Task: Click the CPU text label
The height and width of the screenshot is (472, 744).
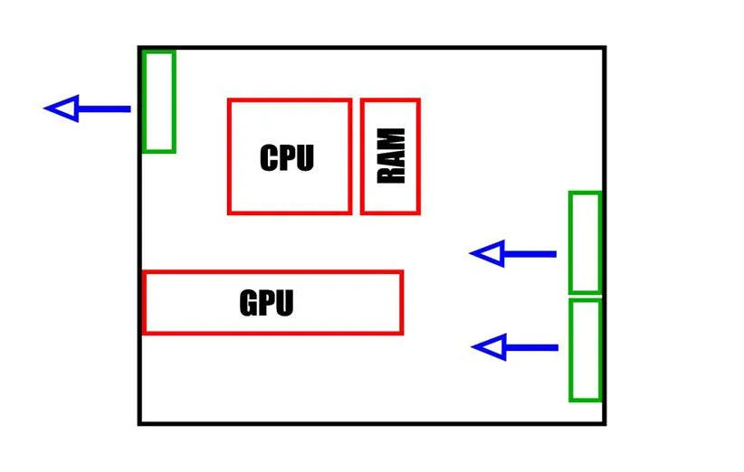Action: (286, 158)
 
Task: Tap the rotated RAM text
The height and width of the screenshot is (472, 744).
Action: (392, 156)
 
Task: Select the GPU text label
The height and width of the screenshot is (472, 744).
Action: (266, 303)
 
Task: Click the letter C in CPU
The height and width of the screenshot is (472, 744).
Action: (269, 158)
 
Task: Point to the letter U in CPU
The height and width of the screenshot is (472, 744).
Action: (304, 158)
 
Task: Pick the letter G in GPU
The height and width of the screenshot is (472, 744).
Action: (249, 303)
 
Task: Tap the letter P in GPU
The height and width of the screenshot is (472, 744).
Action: (267, 303)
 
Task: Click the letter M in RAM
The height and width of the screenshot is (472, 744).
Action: (392, 138)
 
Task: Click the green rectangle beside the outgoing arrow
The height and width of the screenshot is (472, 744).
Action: (158, 101)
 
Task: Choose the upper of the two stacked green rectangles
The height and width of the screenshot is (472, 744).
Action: (585, 242)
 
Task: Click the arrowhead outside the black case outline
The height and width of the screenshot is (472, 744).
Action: (62, 109)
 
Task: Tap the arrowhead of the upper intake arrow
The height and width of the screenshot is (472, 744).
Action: (487, 254)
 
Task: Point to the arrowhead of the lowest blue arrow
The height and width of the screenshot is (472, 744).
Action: (489, 347)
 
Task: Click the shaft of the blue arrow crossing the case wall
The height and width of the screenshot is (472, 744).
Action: (104, 109)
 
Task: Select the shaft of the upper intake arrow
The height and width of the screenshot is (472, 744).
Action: (529, 254)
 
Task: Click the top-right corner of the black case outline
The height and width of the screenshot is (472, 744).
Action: (604, 48)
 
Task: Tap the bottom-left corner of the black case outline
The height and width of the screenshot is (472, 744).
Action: (139, 423)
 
